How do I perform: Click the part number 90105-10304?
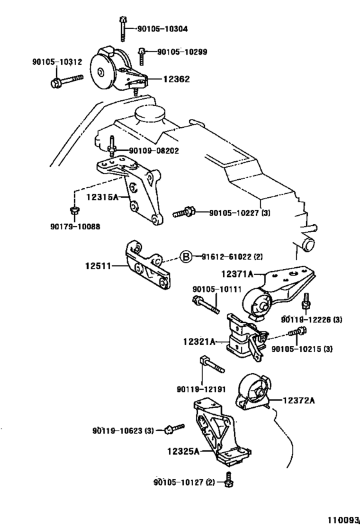pyautogui.click(x=163, y=29)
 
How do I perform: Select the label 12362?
pyautogui.click(x=177, y=79)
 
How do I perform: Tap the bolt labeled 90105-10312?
pyautogui.click(x=66, y=81)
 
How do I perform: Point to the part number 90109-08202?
pyautogui.click(x=154, y=151)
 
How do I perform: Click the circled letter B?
pyautogui.click(x=186, y=257)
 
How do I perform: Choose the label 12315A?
pyautogui.click(x=102, y=197)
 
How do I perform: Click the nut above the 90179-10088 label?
pyautogui.click(x=74, y=211)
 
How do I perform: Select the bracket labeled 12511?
pyautogui.click(x=148, y=265)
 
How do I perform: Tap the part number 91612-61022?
pyautogui.click(x=226, y=257)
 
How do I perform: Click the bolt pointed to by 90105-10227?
pyautogui.click(x=184, y=213)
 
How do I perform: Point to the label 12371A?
pyautogui.click(x=237, y=274)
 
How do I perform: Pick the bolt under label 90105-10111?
pyautogui.click(x=206, y=304)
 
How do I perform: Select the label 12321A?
pyautogui.click(x=199, y=342)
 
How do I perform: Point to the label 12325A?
pyautogui.click(x=183, y=451)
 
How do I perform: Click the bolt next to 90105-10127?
pyautogui.click(x=230, y=479)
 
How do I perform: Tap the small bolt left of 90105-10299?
pyautogui.click(x=141, y=56)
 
